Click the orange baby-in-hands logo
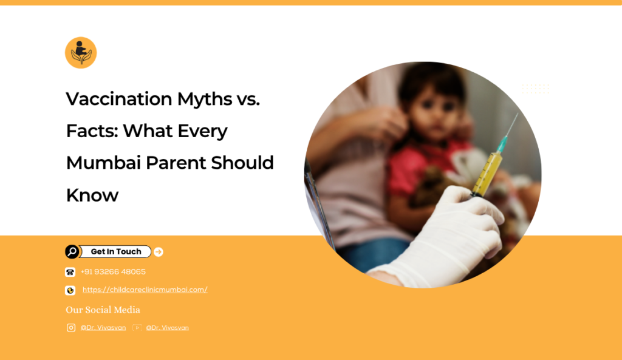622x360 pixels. coord(81,53)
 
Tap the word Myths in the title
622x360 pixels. coord(205,100)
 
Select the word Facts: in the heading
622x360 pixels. coord(92,131)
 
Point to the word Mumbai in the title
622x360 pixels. coord(103,163)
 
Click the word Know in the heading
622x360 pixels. coord(92,195)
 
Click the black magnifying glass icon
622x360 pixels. coord(72,251)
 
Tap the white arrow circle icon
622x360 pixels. coord(159,252)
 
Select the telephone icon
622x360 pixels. coord(70,272)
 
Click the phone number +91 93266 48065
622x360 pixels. coord(113,271)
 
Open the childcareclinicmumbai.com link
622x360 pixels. coord(145,290)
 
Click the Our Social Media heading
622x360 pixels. coord(103,310)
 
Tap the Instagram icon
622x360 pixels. coord(71,327)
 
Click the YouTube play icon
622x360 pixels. coord(137,327)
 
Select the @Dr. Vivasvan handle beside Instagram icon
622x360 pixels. coord(103,327)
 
